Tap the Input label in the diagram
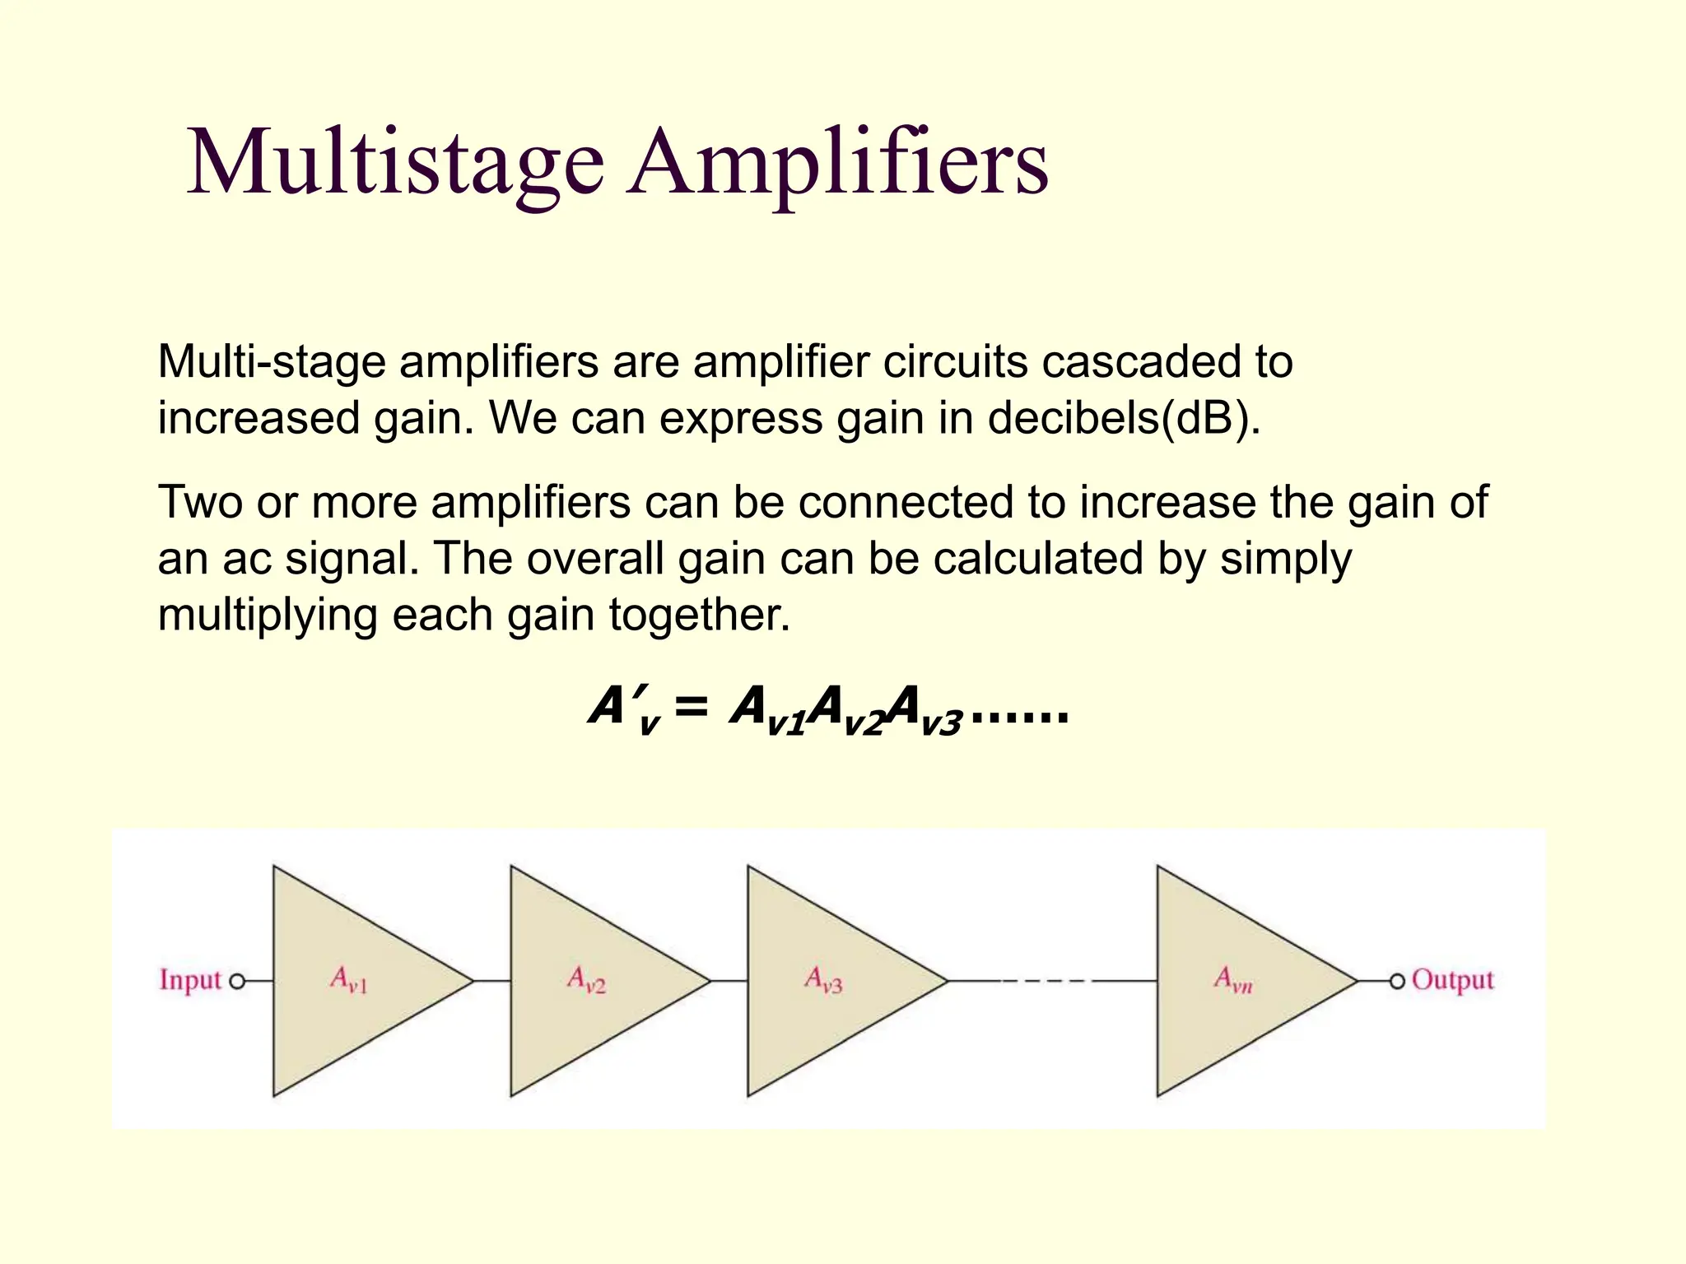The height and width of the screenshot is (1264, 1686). [190, 980]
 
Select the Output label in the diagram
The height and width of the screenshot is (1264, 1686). [1452, 980]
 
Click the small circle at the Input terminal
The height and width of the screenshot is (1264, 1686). [237, 981]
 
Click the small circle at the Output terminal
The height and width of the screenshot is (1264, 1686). [1396, 981]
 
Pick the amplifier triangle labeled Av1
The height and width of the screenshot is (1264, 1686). [354, 981]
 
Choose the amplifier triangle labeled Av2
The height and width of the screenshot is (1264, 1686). [591, 981]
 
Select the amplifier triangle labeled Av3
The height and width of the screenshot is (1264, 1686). [828, 981]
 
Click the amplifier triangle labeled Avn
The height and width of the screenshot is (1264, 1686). [1237, 981]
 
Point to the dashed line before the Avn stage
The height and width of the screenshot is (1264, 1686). [1046, 981]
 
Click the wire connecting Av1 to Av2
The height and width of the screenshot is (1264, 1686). [492, 981]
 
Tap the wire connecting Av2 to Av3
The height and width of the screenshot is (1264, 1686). [729, 981]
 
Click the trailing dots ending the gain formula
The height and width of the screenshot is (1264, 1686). [1020, 718]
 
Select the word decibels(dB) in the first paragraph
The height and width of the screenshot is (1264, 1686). [1124, 418]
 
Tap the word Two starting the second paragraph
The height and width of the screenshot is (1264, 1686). [200, 502]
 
